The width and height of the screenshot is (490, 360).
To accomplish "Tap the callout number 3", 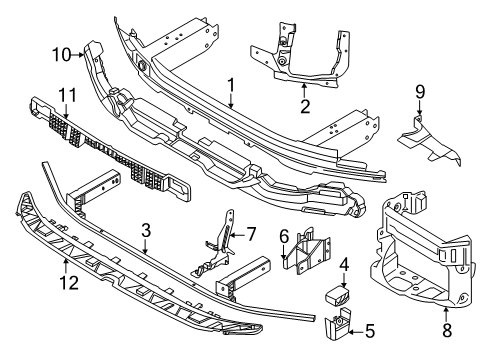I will tap(146, 229).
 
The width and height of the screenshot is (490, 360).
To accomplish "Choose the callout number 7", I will tap(251, 234).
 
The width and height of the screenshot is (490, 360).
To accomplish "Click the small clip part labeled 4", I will tap(336, 294).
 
